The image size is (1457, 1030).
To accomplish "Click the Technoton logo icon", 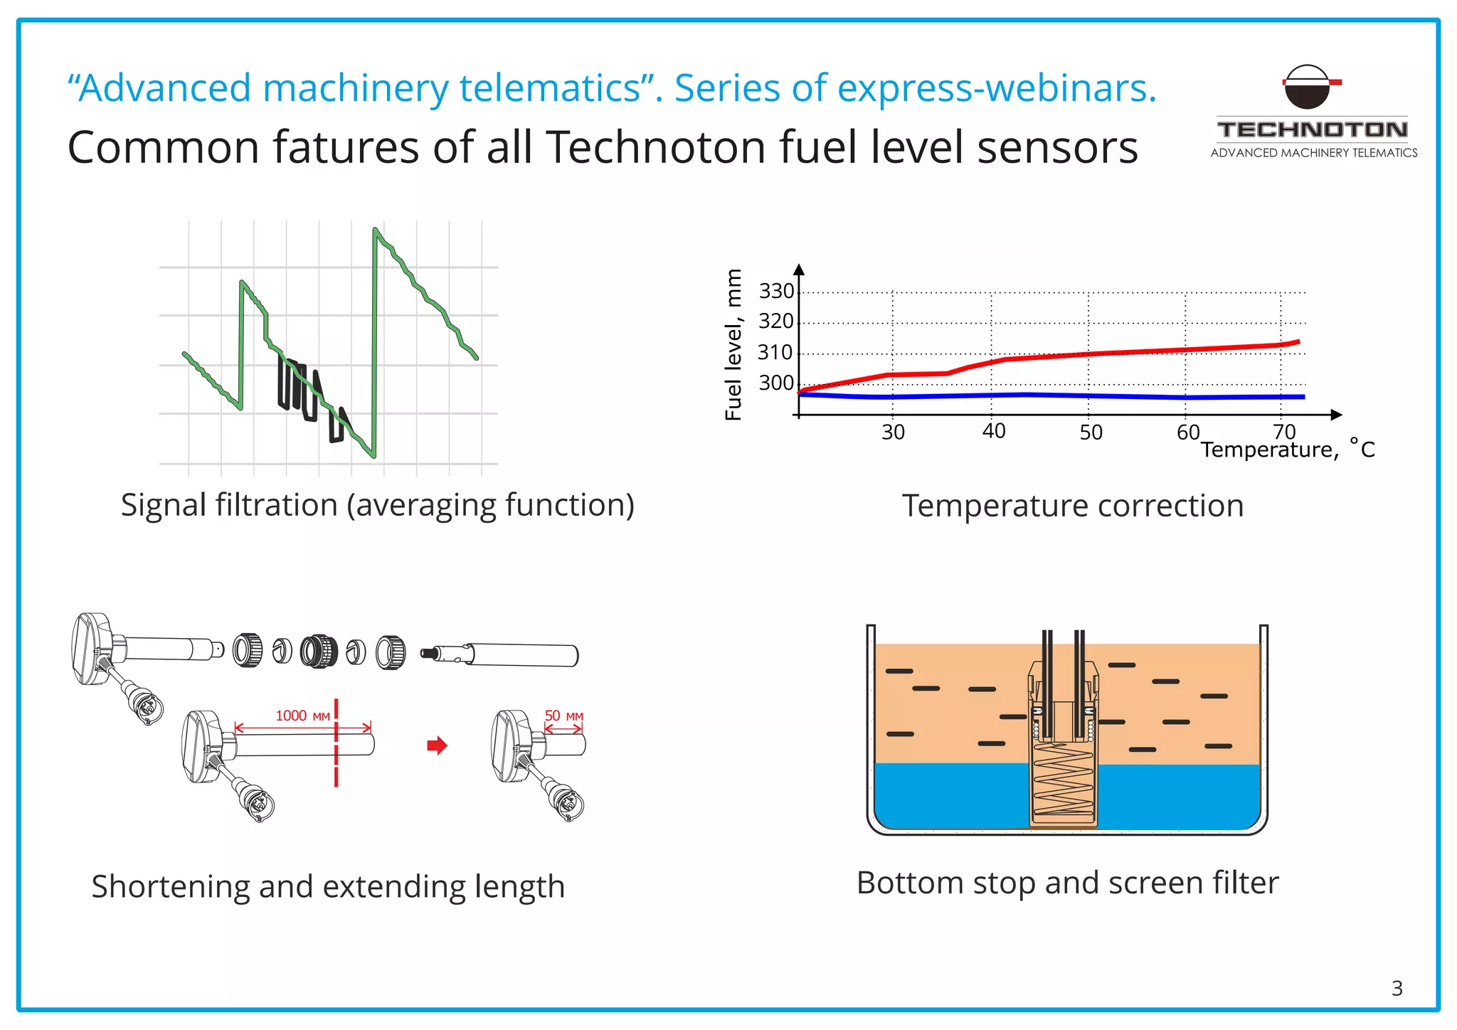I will (1310, 87).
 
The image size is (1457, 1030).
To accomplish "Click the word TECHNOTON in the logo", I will (1313, 130).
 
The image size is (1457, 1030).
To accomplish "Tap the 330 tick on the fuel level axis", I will (776, 292).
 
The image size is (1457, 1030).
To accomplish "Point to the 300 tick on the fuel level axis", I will (776, 383).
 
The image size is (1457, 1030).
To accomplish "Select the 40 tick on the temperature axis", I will (993, 431).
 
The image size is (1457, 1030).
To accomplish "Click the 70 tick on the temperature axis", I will (1284, 431).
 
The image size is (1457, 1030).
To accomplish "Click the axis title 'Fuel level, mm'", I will (733, 344).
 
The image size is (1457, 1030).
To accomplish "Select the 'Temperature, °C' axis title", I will (1287, 450).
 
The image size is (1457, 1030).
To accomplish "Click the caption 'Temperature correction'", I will (1073, 506).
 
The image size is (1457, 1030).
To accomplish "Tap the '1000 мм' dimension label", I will (302, 716).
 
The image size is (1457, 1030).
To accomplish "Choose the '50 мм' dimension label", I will (563, 716).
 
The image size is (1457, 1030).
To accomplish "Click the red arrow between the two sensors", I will (437, 745).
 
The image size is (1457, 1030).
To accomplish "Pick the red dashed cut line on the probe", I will (336, 743).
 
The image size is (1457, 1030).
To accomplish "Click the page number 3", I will (1397, 988).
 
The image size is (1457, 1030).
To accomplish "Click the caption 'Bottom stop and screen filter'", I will (1067, 883).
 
